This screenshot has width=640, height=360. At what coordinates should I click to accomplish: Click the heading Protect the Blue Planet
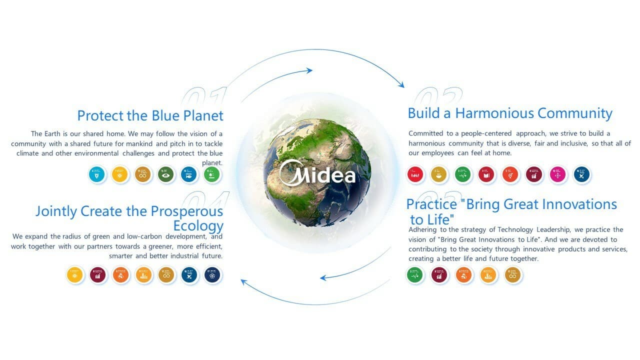pos(150,115)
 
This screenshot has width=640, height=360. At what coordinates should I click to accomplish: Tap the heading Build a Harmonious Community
pos(509,113)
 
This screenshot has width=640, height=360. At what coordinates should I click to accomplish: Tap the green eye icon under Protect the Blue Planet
pos(166,174)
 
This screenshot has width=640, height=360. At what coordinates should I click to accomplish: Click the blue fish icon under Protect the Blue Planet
pos(189,174)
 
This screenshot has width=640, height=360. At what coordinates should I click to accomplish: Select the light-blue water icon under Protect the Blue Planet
pos(97,174)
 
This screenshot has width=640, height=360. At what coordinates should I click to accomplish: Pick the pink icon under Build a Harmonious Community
pos(558,174)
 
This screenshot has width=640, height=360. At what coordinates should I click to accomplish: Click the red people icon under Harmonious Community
pos(415,174)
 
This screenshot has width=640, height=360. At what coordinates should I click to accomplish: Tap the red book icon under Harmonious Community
pos(486,174)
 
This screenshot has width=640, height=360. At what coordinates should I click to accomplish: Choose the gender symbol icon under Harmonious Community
pos(510,174)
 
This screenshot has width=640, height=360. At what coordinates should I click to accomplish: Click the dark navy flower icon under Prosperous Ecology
pos(212,275)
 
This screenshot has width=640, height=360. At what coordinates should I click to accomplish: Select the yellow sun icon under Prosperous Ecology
pos(74,275)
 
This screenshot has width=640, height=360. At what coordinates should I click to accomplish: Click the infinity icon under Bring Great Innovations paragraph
pos(513,274)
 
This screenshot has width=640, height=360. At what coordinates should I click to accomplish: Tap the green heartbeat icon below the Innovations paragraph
pos(414,274)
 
